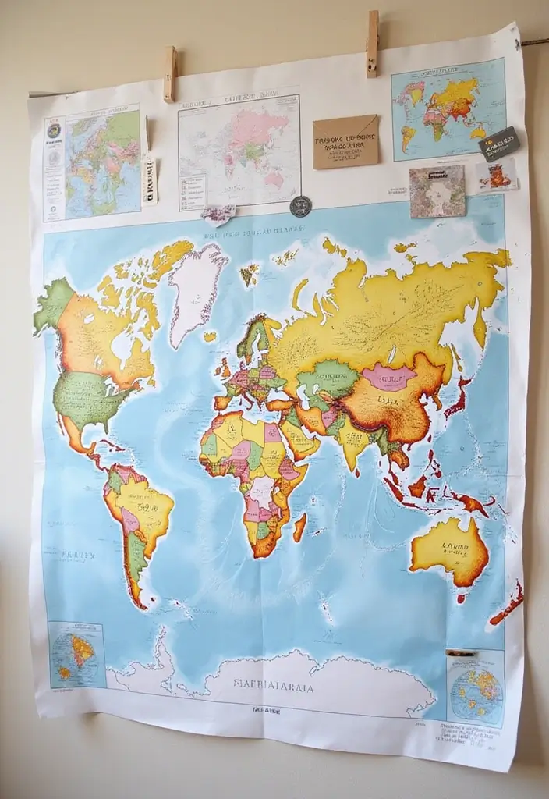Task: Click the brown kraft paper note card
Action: click(345, 141)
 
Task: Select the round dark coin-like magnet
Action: click(300, 206)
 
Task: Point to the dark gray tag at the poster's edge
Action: click(498, 144)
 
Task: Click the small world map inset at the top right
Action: click(448, 110)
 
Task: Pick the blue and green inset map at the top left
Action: click(102, 162)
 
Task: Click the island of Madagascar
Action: click(299, 527)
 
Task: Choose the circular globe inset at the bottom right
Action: click(476, 686)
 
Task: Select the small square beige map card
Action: click(437, 191)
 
